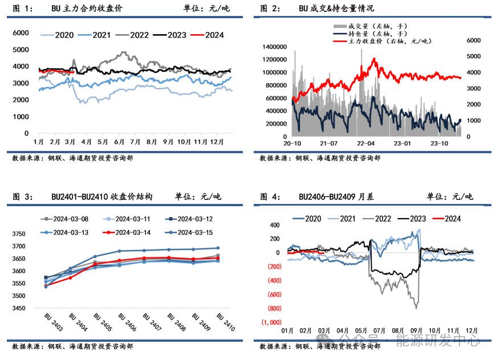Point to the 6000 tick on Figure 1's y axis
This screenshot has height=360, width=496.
click(21, 33)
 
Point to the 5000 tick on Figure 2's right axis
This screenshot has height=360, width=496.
click(474, 57)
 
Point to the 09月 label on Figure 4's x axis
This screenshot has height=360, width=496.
click(416, 330)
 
